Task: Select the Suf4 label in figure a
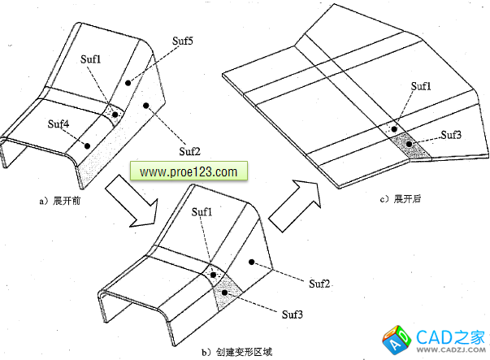(x=58, y=124)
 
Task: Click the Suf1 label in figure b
(x=203, y=212)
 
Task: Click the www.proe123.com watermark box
(x=188, y=172)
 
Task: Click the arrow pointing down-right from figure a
(x=149, y=201)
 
